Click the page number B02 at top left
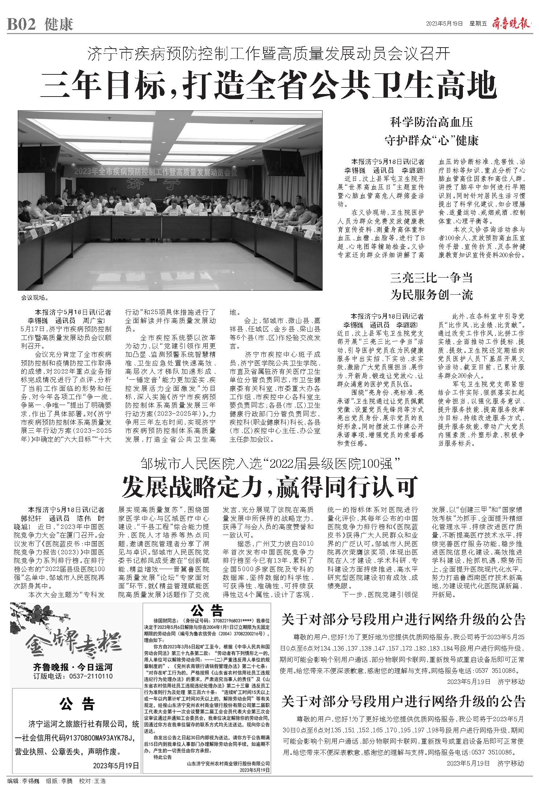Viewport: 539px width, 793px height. pyautogui.click(x=22, y=24)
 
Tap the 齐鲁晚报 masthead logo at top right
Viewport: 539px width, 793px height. pyautogui.click(x=511, y=24)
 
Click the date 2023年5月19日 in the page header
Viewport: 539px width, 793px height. pyautogui.click(x=444, y=24)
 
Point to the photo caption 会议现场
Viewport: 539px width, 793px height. pyautogui.click(x=34, y=298)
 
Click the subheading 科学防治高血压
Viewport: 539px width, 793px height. pyautogui.click(x=431, y=122)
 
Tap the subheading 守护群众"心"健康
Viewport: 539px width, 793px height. pyautogui.click(x=431, y=140)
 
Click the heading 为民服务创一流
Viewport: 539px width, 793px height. pyautogui.click(x=431, y=295)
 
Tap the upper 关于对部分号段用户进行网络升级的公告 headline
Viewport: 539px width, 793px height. pyautogui.click(x=403, y=619)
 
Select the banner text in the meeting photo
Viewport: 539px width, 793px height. pyautogui.click(x=156, y=172)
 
